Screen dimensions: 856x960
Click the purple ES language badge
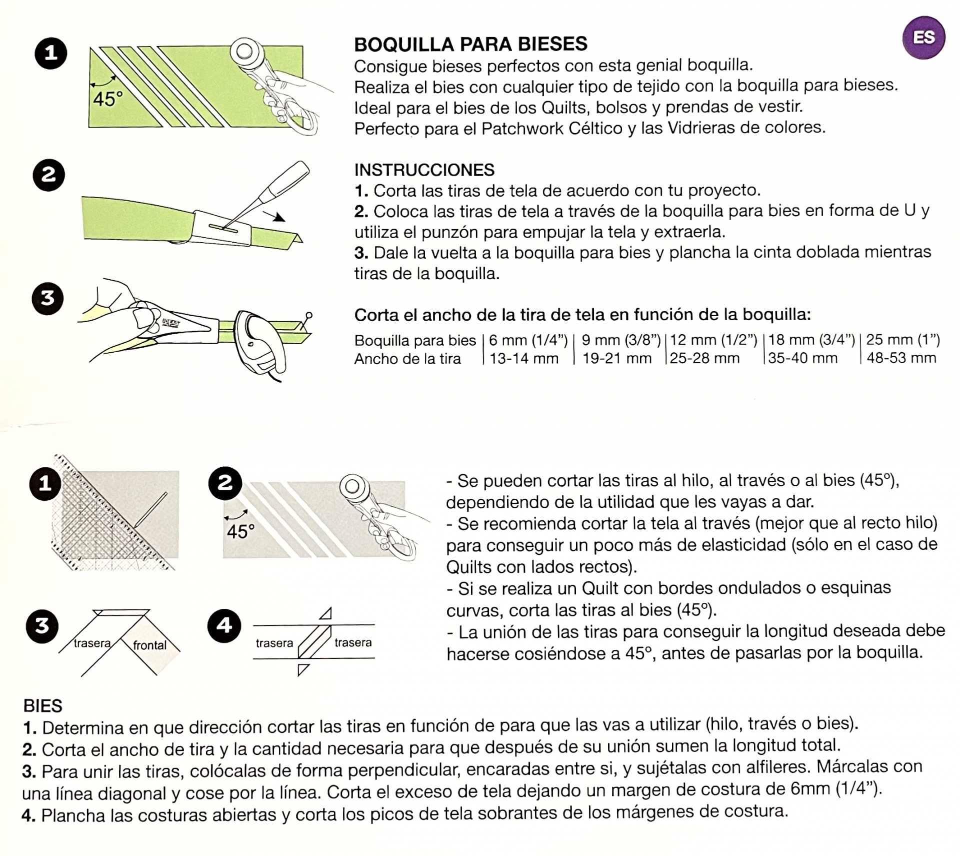(923, 38)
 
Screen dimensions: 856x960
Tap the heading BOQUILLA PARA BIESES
(470, 44)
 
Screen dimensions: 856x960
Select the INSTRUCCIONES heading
(424, 170)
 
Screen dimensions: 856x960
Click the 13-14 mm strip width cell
(523, 358)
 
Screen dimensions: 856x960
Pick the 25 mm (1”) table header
(902, 340)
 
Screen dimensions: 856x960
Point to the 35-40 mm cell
(802, 358)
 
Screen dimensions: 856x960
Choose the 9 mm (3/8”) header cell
(620, 340)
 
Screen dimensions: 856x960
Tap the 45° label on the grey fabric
(240, 531)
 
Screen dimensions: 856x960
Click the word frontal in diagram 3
(149, 645)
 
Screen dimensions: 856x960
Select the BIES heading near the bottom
(43, 706)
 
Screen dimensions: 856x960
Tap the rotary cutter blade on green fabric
(245, 51)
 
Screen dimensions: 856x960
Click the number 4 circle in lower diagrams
(224, 625)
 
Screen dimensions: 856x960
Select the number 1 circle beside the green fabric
(50, 53)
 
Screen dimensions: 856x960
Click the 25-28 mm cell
(704, 358)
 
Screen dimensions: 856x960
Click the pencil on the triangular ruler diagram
(151, 509)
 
